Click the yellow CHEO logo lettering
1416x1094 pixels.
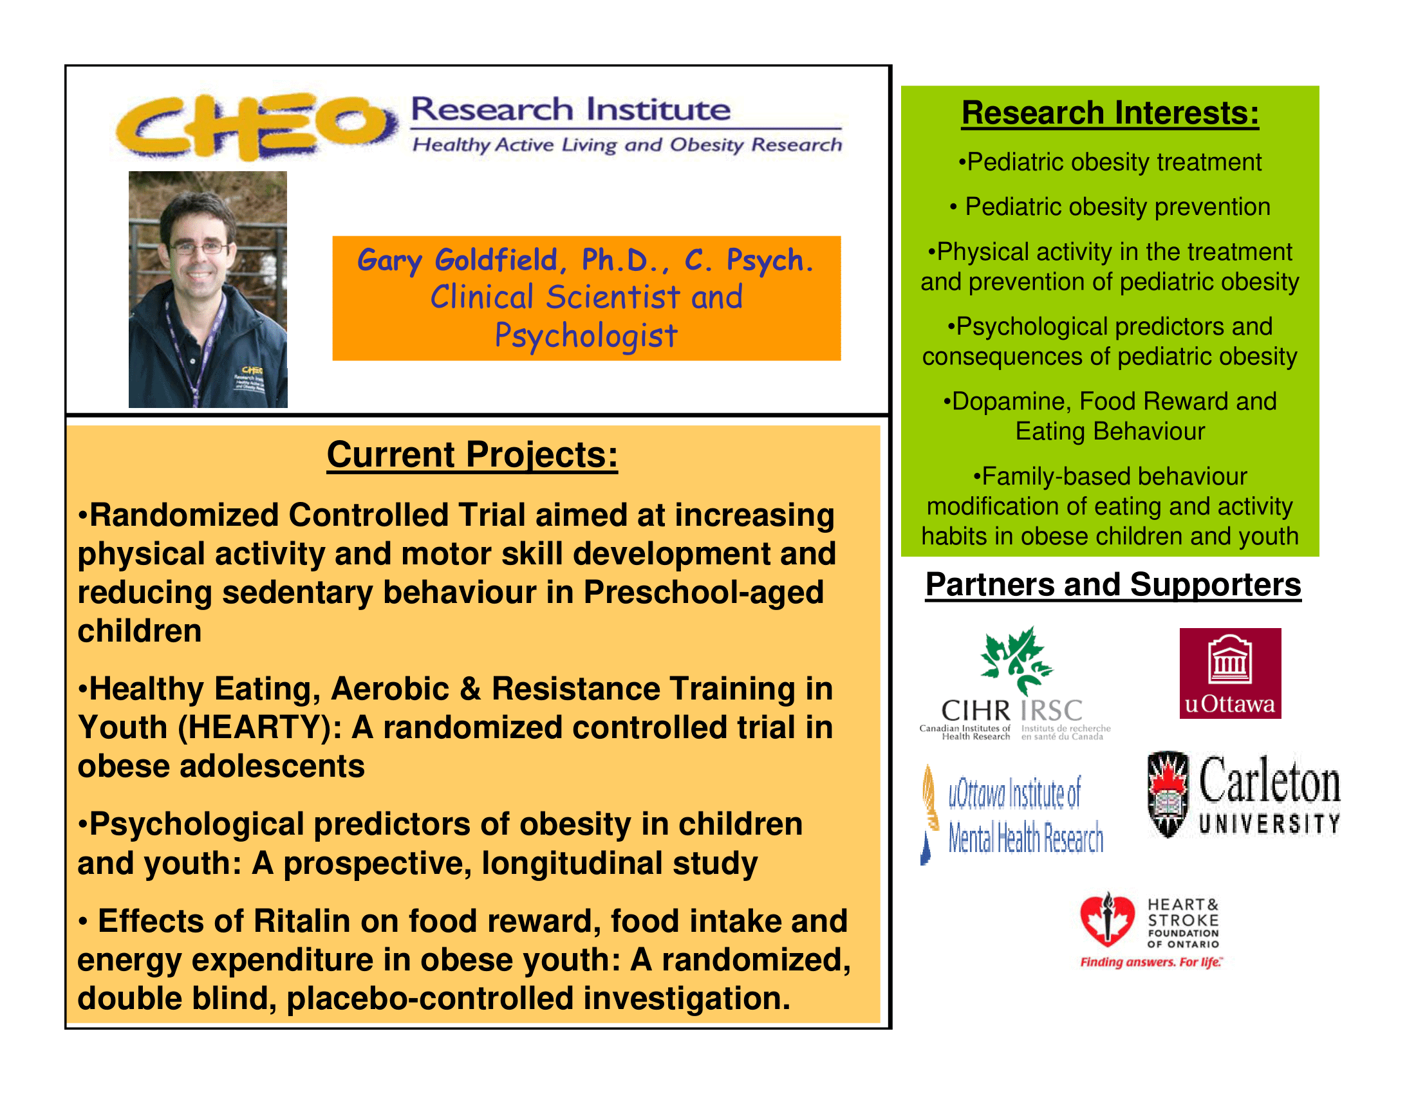click(256, 125)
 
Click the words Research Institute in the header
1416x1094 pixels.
click(570, 109)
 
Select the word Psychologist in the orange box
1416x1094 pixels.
click(586, 336)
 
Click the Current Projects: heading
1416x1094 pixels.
click(472, 454)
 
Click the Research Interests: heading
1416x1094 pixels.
click(1110, 113)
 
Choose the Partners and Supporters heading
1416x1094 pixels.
click(1113, 584)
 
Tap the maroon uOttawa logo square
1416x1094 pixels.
click(1230, 672)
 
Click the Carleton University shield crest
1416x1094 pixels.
click(1168, 794)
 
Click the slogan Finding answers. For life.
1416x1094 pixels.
click(1150, 962)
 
